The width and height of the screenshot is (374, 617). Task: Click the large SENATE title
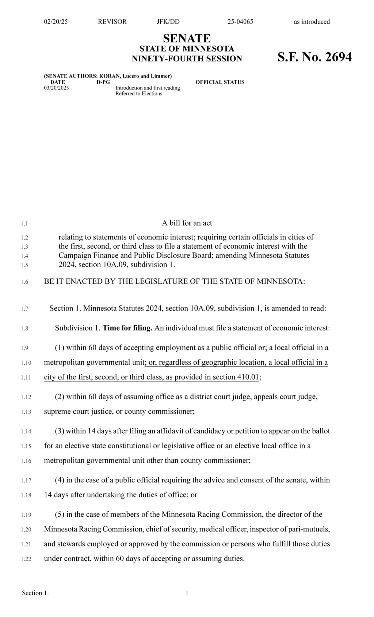pos(187,38)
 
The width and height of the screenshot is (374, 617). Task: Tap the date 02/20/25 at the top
pos(56,22)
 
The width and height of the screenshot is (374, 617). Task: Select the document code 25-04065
pos(240,22)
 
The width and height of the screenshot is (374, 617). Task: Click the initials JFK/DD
pos(168,22)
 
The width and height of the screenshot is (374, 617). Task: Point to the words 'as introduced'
pos(312,22)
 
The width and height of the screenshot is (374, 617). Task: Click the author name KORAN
pos(110,76)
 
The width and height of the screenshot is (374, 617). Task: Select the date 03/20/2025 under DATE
pos(56,88)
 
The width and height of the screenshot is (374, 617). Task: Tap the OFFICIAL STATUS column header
pos(220,82)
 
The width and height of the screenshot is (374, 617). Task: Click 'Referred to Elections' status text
pos(139,94)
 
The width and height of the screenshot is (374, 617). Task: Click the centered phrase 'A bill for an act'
pos(187,223)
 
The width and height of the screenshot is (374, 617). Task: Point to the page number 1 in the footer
pos(187,593)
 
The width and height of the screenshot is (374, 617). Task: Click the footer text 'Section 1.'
pos(35,593)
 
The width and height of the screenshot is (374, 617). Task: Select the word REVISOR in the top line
pos(112,22)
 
